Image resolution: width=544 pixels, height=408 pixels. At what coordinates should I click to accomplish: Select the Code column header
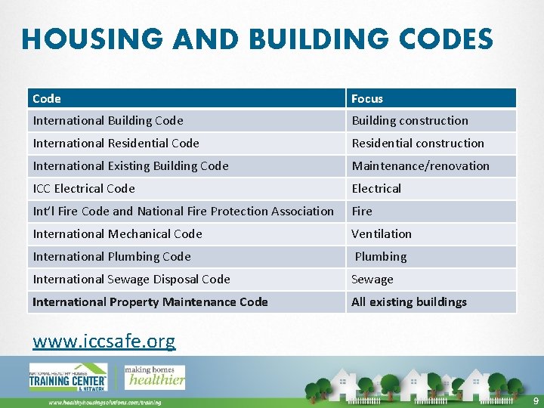pyautogui.click(x=47, y=98)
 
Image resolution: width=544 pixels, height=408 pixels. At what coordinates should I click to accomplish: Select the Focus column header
pyautogui.click(x=367, y=98)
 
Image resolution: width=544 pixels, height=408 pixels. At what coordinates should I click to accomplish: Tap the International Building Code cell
pyautogui.click(x=108, y=121)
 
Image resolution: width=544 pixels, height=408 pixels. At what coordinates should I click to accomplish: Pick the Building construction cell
pyautogui.click(x=410, y=121)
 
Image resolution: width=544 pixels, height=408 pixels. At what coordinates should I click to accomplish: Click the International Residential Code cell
pyautogui.click(x=116, y=144)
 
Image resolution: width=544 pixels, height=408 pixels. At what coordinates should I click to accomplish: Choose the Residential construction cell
pyautogui.click(x=418, y=144)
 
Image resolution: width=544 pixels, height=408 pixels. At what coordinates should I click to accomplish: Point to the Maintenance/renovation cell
pyautogui.click(x=420, y=166)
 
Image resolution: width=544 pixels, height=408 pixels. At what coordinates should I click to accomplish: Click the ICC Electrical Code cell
pyautogui.click(x=84, y=189)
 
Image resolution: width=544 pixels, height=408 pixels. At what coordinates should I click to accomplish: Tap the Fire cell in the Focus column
pyautogui.click(x=362, y=212)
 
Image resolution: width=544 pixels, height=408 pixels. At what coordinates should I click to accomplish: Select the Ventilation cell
pyautogui.click(x=382, y=234)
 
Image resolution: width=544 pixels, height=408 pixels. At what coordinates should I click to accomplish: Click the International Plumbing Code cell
pyautogui.click(x=112, y=257)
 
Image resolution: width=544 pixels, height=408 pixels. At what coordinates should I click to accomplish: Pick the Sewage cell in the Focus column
pyautogui.click(x=372, y=280)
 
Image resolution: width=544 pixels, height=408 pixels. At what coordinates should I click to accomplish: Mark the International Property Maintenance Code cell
pyautogui.click(x=150, y=302)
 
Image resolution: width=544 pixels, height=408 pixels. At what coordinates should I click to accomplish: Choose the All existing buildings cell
pyautogui.click(x=409, y=302)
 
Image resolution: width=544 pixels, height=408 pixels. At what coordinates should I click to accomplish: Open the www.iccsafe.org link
pyautogui.click(x=104, y=342)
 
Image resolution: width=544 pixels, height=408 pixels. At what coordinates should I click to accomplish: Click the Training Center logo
pyautogui.click(x=69, y=378)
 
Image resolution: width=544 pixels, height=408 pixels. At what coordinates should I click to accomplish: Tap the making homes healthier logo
pyautogui.click(x=155, y=377)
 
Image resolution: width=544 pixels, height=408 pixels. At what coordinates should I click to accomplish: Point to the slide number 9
pyautogui.click(x=536, y=400)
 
